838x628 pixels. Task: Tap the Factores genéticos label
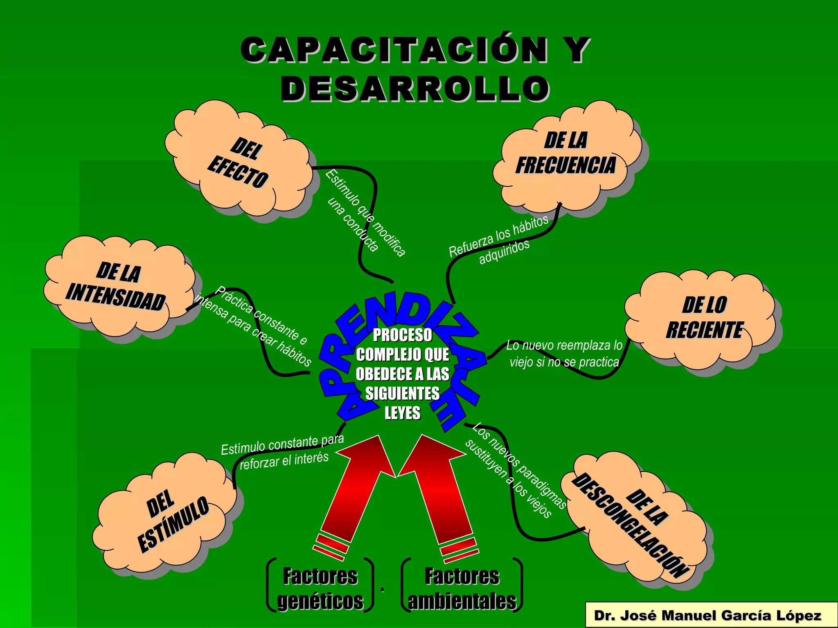320,588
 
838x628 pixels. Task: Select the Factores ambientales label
462,588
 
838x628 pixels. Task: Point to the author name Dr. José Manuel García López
707,615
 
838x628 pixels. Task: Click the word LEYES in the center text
402,413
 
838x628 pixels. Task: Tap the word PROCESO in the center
402,335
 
